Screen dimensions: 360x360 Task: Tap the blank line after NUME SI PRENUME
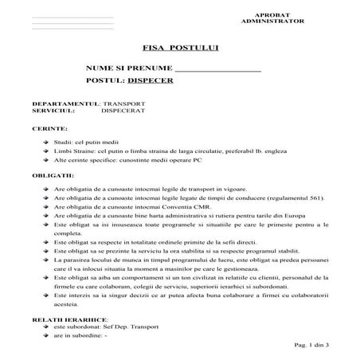coord(217,69)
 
